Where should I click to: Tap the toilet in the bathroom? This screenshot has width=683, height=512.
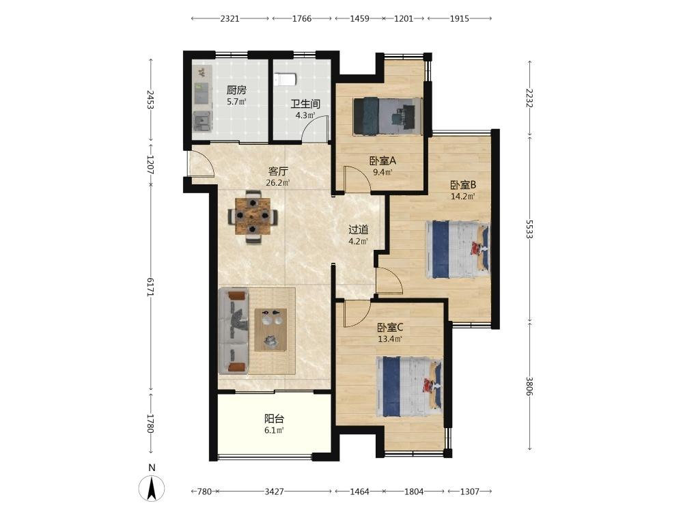[x=285, y=79]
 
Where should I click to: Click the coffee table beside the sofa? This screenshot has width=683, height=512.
[x=270, y=330]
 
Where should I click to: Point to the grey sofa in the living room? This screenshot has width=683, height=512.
[x=233, y=331]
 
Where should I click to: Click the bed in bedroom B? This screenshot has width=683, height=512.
[x=458, y=249]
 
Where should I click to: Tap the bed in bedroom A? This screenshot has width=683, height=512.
[x=387, y=116]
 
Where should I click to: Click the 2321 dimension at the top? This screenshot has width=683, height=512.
[x=229, y=18]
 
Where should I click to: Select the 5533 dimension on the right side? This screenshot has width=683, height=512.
[x=529, y=229]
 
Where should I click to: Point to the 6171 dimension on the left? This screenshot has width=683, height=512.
[x=150, y=287]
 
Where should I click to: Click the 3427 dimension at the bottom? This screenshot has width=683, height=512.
[x=274, y=492]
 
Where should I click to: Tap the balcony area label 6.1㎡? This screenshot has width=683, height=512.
[x=275, y=430]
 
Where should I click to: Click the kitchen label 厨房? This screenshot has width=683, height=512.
[x=236, y=90]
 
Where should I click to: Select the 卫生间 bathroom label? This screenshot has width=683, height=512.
[x=305, y=104]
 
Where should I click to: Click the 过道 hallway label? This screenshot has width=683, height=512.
[x=359, y=229]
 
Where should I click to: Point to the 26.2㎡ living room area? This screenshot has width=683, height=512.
[x=278, y=182]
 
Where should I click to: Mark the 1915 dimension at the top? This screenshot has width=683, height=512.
[x=459, y=18]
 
